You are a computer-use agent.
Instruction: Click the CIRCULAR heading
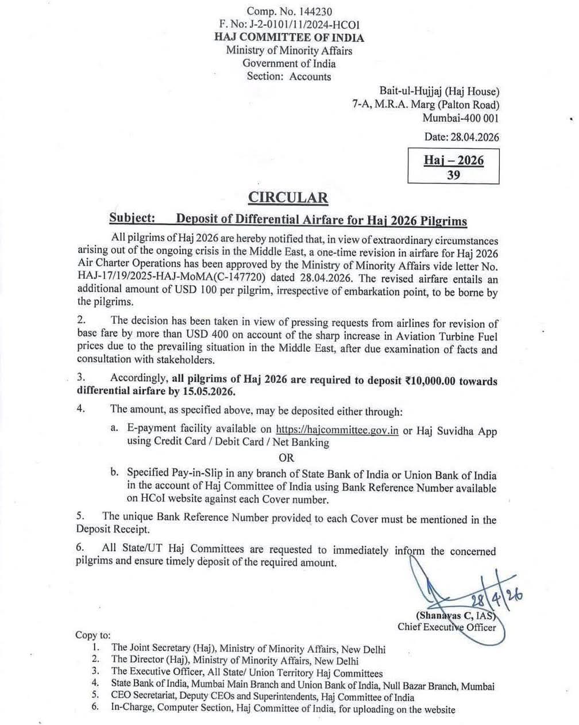[288, 198]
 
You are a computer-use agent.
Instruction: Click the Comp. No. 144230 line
[289, 11]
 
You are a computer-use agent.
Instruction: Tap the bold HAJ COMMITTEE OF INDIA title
[289, 37]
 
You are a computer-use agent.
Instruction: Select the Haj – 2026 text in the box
[453, 160]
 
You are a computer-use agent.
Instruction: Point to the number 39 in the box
[453, 175]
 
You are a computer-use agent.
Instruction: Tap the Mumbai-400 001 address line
[461, 118]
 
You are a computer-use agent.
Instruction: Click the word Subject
[132, 220]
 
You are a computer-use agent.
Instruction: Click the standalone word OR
[286, 458]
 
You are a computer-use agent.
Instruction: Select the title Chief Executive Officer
[446, 627]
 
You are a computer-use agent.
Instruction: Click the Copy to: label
[92, 635]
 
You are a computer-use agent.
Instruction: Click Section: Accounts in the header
[289, 76]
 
